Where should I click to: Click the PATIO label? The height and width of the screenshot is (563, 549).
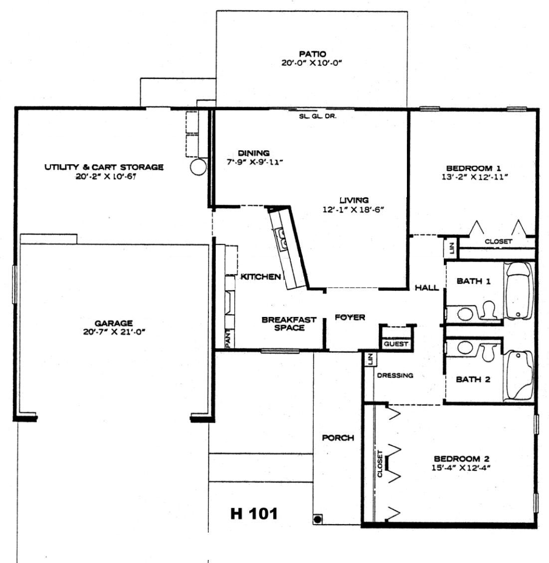(313, 54)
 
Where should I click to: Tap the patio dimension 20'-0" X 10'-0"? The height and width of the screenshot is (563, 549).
(312, 63)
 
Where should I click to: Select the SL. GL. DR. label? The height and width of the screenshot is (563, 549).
(318, 116)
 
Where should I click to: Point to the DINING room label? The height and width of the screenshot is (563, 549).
(254, 153)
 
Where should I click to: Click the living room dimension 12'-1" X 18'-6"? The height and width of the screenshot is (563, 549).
(354, 209)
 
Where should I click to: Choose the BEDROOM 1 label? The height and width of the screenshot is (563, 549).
(474, 168)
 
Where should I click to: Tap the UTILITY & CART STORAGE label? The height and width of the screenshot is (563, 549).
(104, 167)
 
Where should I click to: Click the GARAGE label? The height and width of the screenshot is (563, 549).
(114, 323)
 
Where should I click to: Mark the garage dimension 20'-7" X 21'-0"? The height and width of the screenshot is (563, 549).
(114, 332)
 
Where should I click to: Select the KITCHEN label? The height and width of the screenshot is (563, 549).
(261, 277)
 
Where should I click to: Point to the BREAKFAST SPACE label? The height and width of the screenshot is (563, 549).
(289, 323)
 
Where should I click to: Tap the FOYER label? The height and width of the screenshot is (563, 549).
(350, 317)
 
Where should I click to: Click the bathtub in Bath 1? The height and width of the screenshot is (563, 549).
(518, 290)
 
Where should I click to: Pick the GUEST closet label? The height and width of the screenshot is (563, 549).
(396, 344)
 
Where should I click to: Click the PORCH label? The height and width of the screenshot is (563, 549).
(338, 438)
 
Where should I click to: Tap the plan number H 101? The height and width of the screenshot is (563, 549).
(254, 514)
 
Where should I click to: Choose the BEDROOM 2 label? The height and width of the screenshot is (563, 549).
(461, 459)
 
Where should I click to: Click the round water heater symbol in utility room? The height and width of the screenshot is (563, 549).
(198, 167)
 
